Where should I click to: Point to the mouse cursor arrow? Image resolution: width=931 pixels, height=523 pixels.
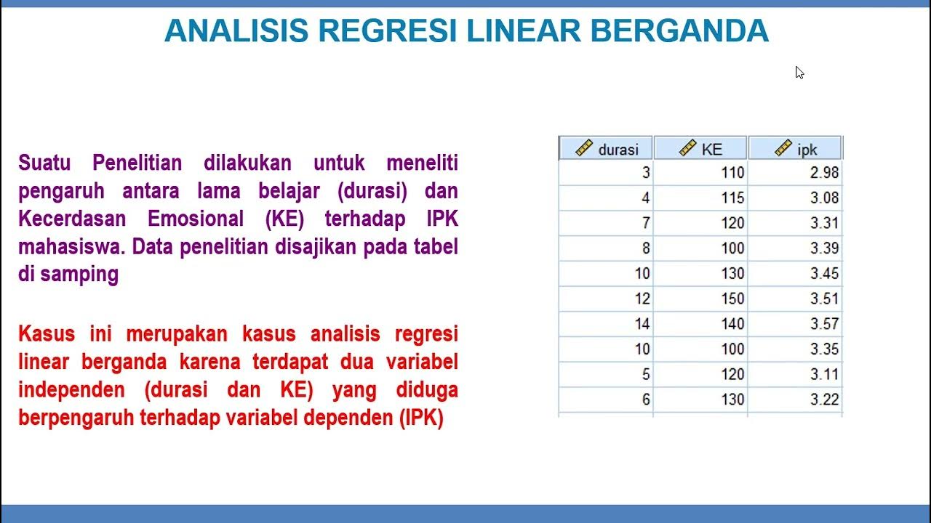[x=799, y=71]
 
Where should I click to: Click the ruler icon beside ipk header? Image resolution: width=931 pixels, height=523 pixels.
[x=783, y=148]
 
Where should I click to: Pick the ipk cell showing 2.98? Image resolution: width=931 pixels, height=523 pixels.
[x=823, y=173]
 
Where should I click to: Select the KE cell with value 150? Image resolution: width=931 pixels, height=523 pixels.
[x=732, y=299]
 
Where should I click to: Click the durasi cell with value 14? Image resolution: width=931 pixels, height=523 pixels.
[x=642, y=324]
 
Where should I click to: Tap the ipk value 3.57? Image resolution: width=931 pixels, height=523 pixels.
[x=823, y=324]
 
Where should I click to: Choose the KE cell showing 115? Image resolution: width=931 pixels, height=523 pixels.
[x=732, y=198]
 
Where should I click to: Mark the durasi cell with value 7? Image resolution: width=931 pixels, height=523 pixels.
[x=645, y=223]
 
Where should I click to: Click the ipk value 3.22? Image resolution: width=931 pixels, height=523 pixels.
[x=823, y=400]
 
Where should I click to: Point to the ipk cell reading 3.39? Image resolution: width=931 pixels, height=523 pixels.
[x=823, y=248]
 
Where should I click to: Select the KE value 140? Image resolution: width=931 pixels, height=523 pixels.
[x=732, y=324]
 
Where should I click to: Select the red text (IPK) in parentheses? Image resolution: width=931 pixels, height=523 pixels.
[x=421, y=418]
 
